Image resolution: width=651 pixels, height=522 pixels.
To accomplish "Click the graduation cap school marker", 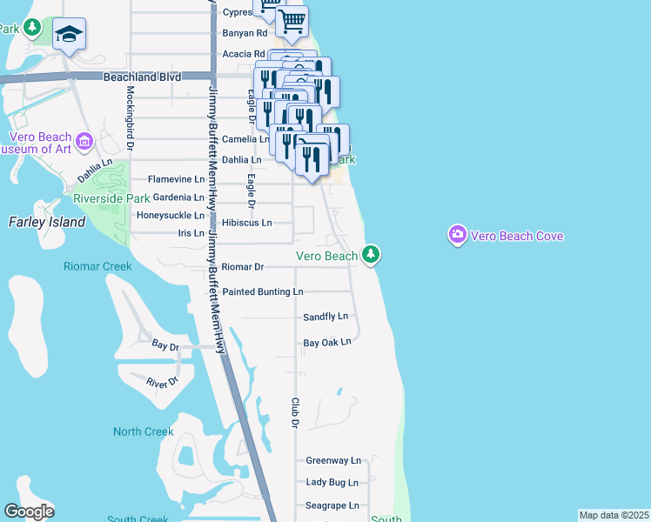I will point(69,33).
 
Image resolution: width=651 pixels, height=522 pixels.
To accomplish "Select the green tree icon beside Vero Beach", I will point(372,254).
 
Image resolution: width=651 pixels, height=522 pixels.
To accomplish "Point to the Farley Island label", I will point(47,222).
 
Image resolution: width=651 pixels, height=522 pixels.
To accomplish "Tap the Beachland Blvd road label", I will point(142,77).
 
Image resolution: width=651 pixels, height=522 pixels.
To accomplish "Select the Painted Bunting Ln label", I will point(262,292).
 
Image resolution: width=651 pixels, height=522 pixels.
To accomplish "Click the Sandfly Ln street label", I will point(325,317).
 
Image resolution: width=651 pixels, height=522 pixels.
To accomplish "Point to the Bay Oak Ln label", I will point(326,342).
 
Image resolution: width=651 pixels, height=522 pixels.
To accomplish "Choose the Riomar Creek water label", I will point(97,266).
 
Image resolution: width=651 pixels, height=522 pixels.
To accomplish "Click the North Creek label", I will point(144,432).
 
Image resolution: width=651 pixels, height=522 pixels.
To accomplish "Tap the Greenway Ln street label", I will point(332,460).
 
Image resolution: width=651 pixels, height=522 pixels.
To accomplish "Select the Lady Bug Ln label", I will point(332,482).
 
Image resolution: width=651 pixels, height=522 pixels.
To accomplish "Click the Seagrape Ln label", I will point(332,505).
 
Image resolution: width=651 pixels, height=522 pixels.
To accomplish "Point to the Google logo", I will point(29,512).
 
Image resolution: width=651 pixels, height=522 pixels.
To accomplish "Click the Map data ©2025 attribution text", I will point(614,515).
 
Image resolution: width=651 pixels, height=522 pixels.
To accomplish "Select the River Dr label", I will point(163,382).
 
